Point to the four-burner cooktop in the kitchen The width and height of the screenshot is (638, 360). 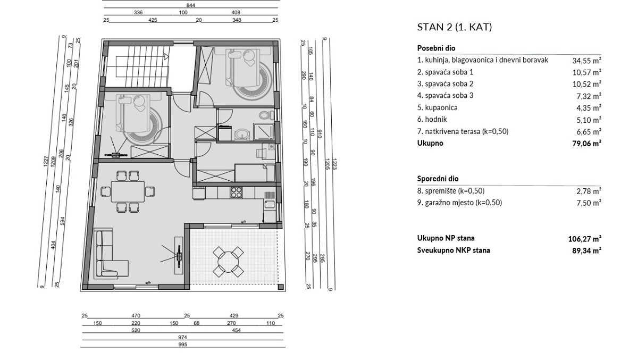(236, 192)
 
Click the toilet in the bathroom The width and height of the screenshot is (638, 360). (264, 115)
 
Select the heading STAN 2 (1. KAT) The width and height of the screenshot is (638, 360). (454, 27)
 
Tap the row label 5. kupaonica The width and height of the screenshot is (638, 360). (438, 107)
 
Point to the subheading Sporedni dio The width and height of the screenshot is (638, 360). (438, 179)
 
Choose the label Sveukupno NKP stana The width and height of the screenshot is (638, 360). (454, 250)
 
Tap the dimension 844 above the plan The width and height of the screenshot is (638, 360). (191, 4)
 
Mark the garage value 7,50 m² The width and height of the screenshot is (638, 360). (589, 203)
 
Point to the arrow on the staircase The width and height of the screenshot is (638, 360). (166, 55)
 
